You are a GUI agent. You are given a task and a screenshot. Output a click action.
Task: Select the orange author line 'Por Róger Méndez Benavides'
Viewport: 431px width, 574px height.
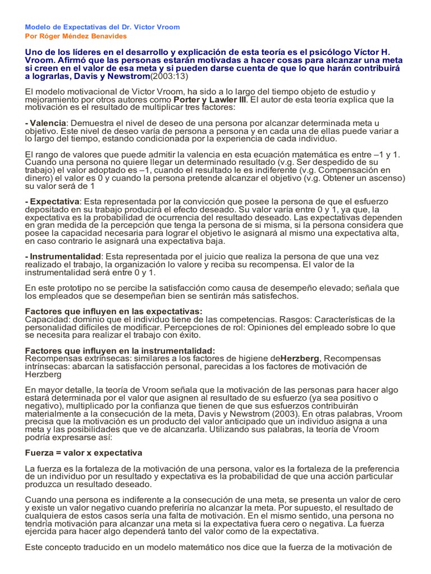coord(76,36)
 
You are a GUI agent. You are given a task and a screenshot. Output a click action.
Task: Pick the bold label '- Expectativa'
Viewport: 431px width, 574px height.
coord(53,201)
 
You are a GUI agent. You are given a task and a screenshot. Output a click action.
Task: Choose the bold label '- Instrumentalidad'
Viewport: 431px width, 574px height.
coord(63,256)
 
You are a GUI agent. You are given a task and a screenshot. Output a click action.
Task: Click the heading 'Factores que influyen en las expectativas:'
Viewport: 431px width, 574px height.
coord(114,311)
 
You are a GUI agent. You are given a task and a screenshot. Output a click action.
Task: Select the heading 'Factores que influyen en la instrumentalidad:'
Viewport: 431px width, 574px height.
coord(120,350)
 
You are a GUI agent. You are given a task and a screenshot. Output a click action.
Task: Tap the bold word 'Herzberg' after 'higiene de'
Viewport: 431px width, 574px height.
coord(300,358)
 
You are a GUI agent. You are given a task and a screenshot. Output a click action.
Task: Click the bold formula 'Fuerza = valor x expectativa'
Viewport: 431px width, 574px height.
coord(84,452)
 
